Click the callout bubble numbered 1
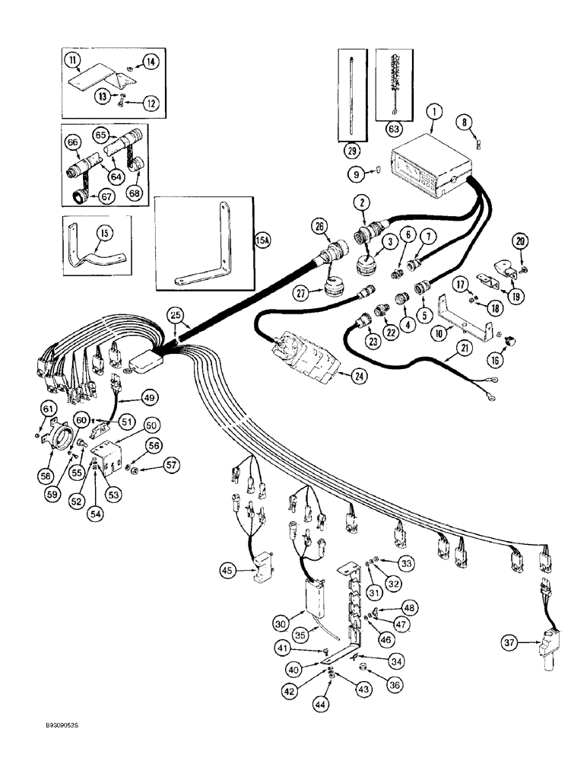coord(433,113)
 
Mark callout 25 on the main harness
coord(176,315)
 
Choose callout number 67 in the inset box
coord(77,200)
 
